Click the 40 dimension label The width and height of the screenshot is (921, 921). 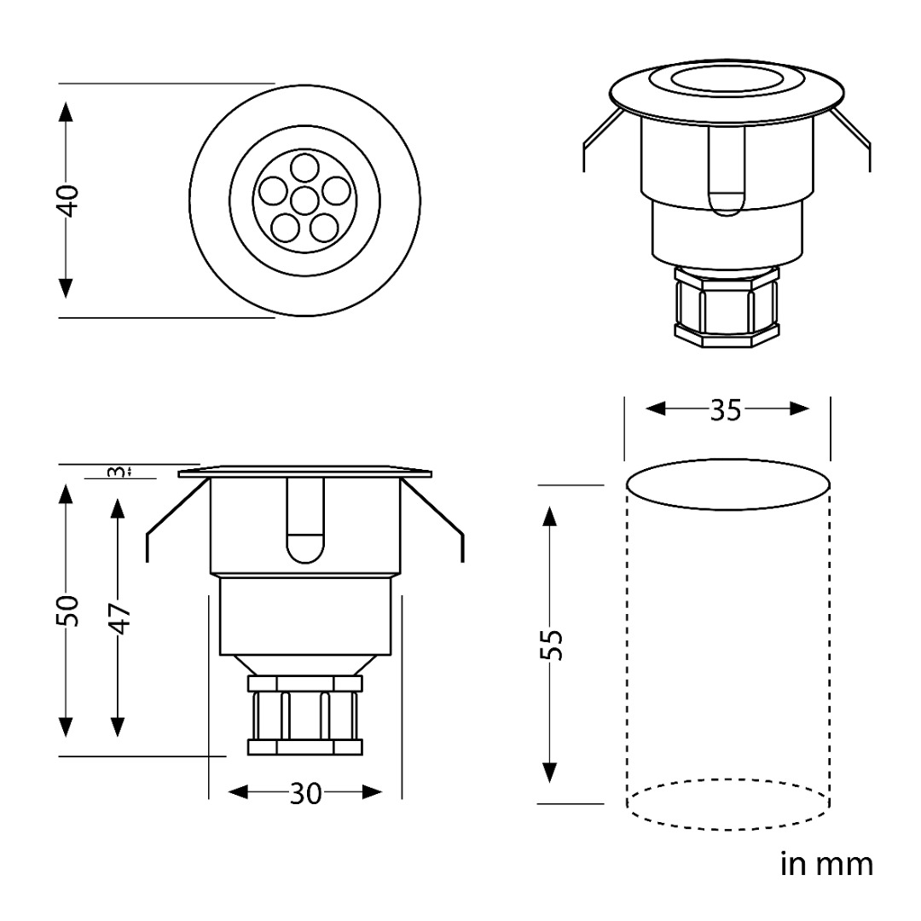(x=68, y=201)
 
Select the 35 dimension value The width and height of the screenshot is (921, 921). (x=726, y=410)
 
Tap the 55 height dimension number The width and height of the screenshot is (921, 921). (x=552, y=645)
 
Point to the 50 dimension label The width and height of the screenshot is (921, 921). (x=68, y=611)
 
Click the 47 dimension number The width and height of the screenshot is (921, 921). (x=120, y=618)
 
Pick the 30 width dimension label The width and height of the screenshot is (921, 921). (x=305, y=794)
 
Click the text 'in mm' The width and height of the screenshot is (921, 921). (x=826, y=864)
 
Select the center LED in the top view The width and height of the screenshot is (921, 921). (x=304, y=201)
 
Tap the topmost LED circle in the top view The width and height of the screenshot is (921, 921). (x=304, y=168)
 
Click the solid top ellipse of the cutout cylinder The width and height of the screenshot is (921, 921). (x=727, y=484)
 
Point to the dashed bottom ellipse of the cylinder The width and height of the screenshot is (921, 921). (x=727, y=805)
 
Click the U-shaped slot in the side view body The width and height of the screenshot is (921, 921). (x=305, y=520)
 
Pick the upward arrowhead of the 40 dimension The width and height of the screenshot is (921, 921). (x=66, y=113)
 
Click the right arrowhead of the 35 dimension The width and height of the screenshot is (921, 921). (x=800, y=408)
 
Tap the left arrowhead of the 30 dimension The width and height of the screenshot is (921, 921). (x=239, y=793)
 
